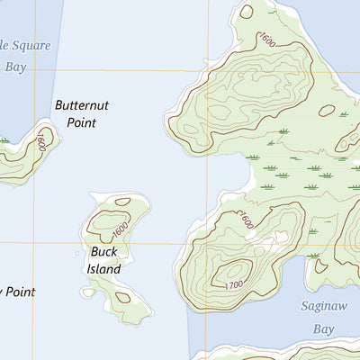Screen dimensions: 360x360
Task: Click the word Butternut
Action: point(81,105)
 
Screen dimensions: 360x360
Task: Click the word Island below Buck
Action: point(103,267)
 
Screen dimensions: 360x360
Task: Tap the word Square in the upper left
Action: point(31,45)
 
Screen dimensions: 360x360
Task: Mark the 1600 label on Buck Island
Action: point(122,222)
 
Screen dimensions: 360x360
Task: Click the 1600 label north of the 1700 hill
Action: point(246,220)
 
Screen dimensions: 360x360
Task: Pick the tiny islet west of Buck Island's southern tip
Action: point(87,292)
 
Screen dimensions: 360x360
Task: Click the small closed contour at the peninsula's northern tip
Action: point(247,12)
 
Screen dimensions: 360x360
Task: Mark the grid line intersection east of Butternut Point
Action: point(210,71)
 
